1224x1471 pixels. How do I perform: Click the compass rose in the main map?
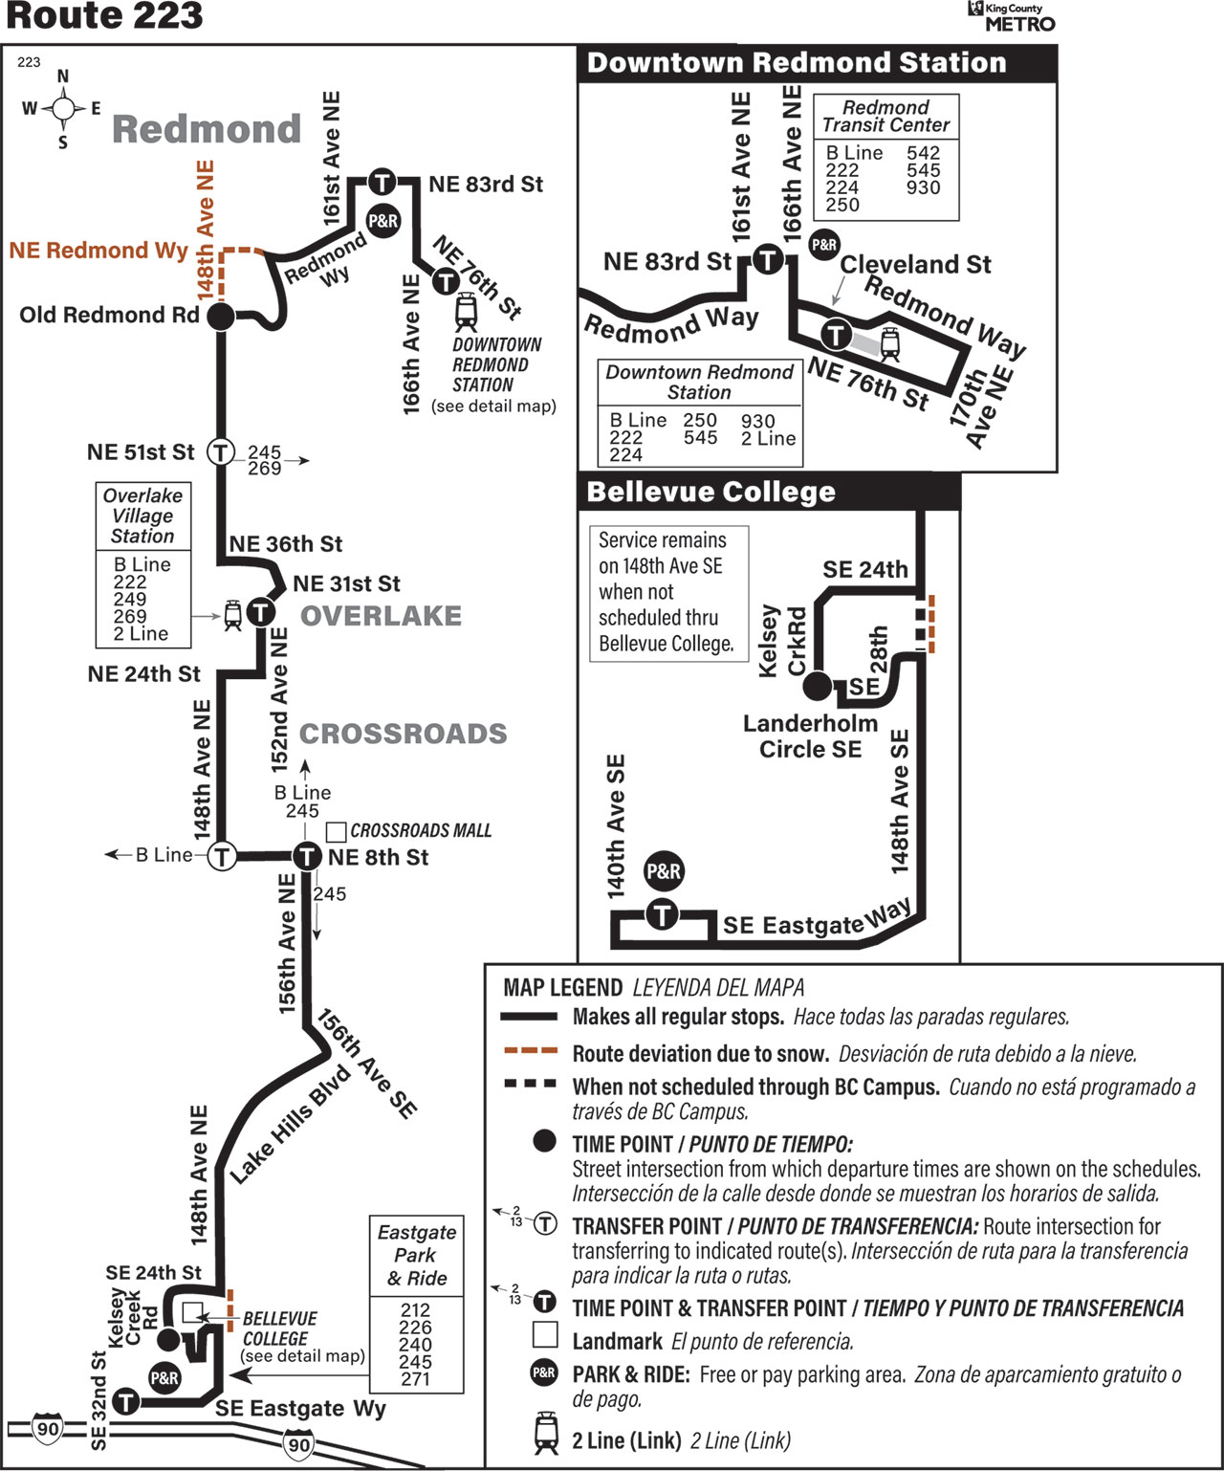(63, 109)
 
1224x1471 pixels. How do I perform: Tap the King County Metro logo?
(1012, 16)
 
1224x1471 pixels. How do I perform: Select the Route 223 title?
(104, 16)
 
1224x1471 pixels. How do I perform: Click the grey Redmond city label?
(206, 129)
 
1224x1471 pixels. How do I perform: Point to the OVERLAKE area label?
(381, 616)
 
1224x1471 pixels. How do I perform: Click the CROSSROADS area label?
(403, 734)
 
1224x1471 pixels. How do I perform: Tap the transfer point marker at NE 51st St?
(221, 451)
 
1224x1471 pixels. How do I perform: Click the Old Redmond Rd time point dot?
(221, 317)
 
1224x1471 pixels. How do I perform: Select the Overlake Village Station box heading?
(142, 516)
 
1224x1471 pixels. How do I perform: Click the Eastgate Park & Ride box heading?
(416, 1255)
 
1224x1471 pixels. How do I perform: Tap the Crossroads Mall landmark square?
(336, 831)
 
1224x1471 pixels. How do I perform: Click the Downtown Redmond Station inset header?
(797, 63)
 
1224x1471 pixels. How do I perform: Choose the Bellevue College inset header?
(710, 492)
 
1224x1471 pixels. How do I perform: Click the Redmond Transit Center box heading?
(885, 116)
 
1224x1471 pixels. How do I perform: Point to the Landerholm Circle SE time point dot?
(817, 686)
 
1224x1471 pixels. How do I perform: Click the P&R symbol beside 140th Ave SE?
(664, 871)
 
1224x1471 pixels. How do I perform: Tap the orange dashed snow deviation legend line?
(531, 1051)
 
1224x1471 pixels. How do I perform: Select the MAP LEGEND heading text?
(562, 987)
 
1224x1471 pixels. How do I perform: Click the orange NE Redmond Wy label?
(98, 251)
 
